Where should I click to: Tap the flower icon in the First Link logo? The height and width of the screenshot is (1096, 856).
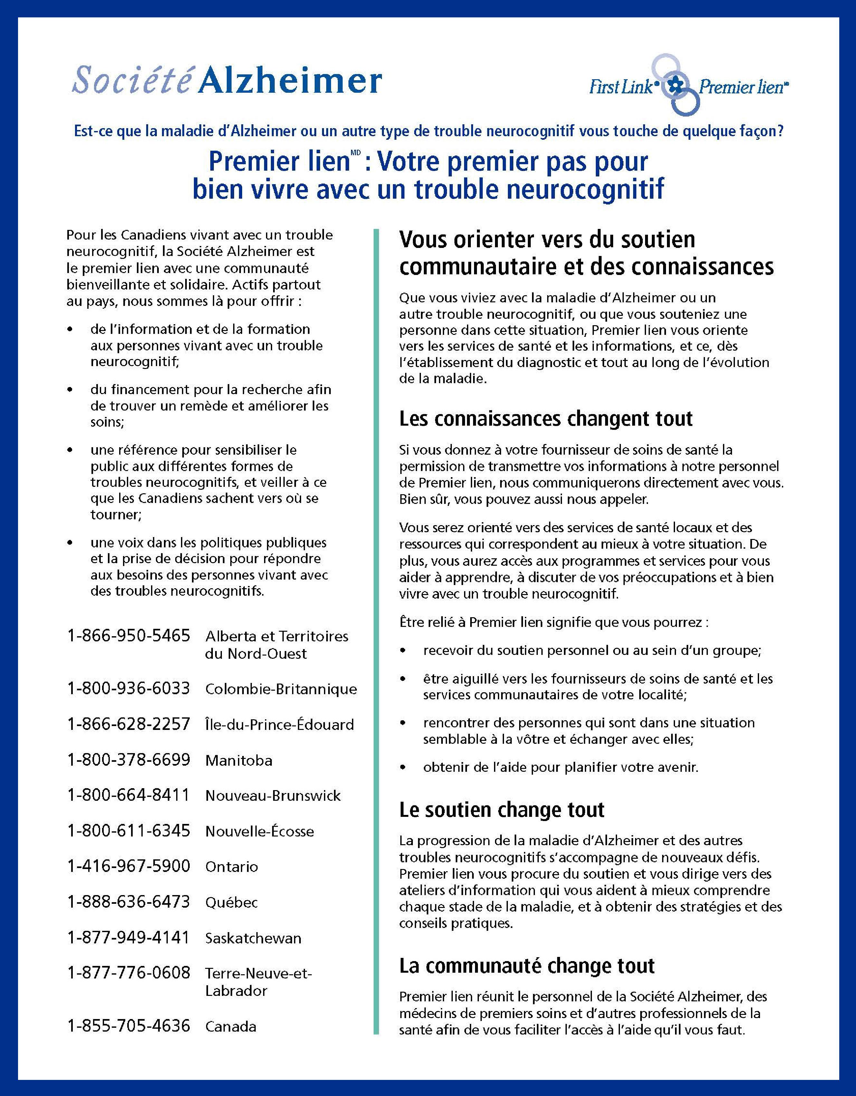[676, 86]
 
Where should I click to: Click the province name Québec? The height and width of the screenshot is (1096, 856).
[232, 902]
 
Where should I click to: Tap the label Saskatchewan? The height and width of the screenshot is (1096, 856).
[253, 938]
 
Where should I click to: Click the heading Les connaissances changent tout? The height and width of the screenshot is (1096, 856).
[546, 419]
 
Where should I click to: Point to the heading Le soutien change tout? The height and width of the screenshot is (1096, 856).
[501, 810]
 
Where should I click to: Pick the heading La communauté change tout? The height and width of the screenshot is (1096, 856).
[527, 966]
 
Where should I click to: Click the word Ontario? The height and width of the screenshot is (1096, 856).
[232, 867]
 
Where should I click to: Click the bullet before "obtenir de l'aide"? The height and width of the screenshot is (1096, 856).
[403, 767]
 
